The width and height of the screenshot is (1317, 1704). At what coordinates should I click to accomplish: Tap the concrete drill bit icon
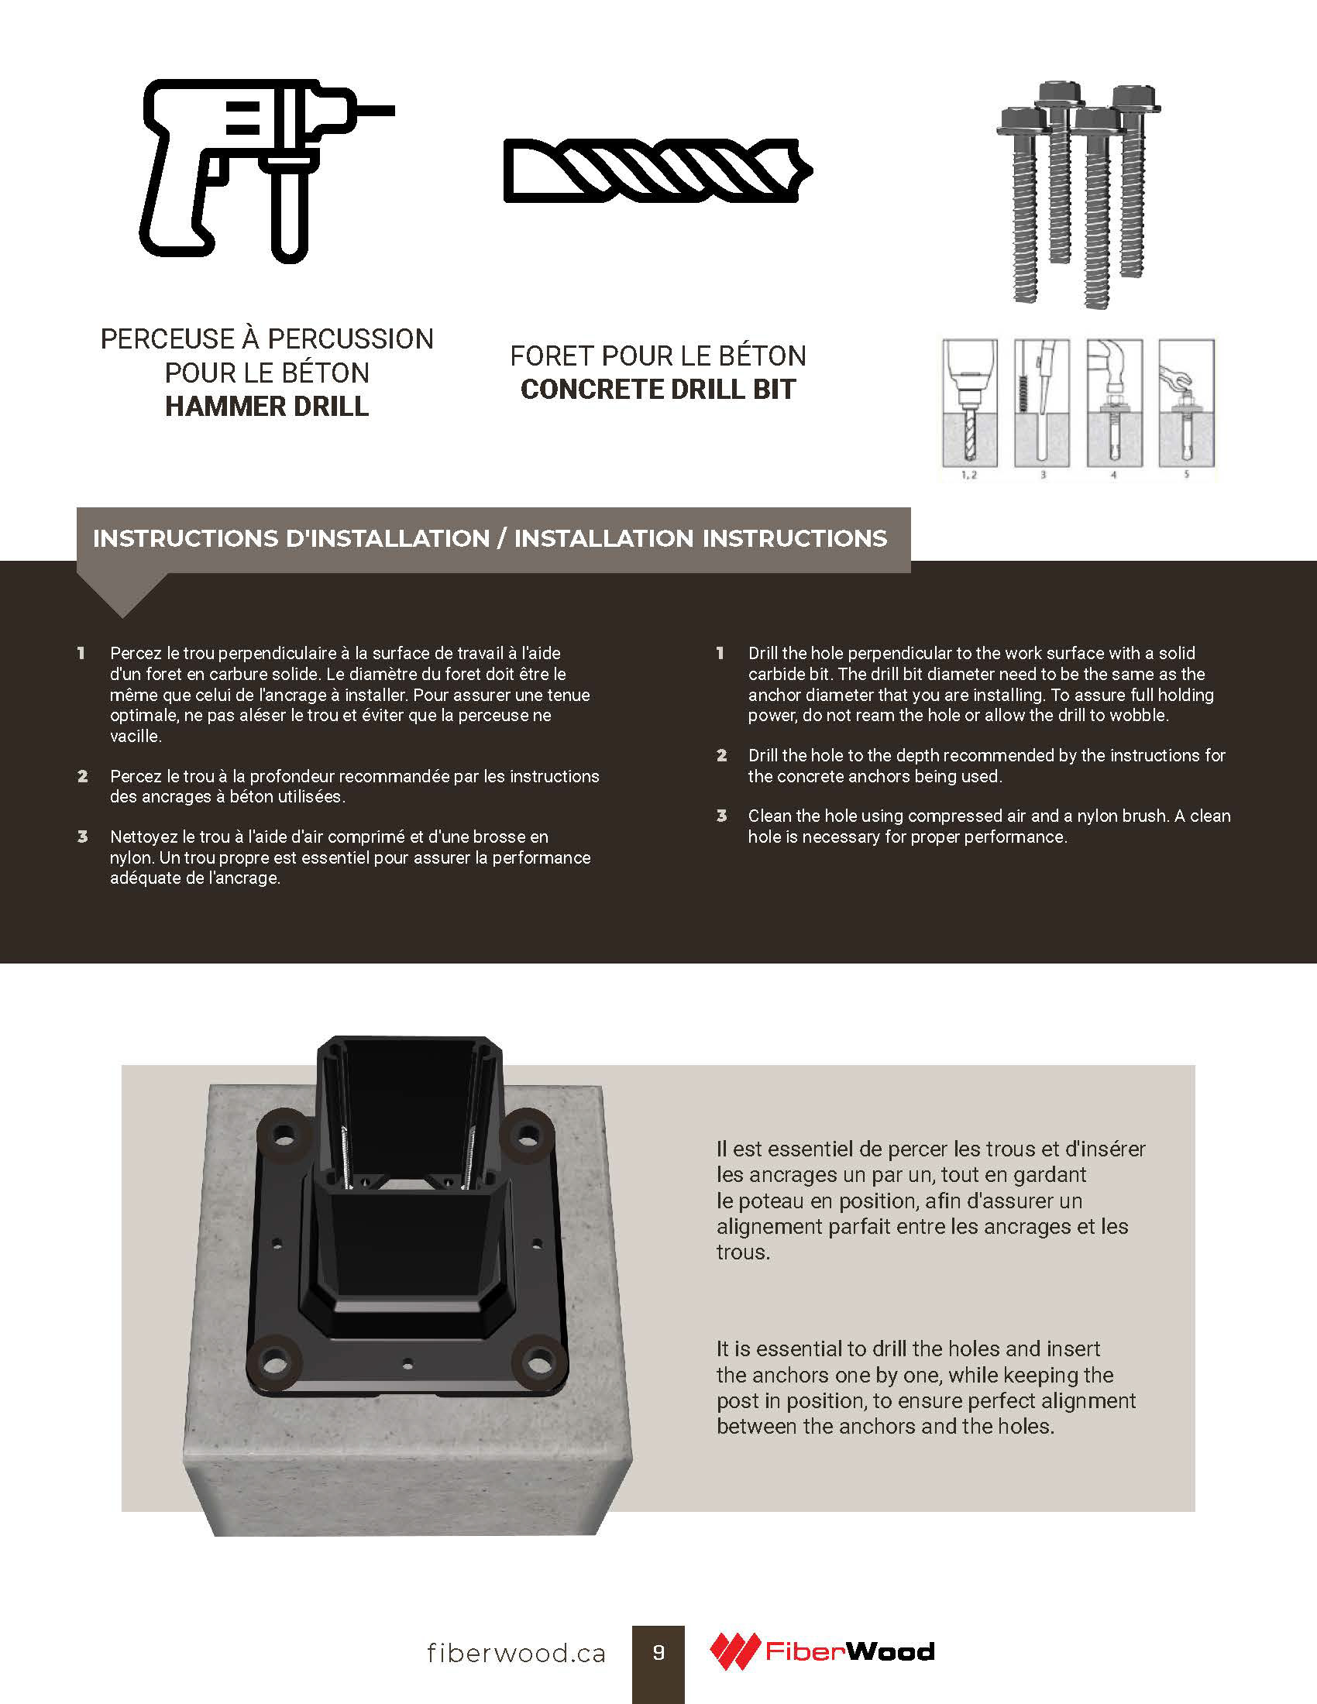pos(658,171)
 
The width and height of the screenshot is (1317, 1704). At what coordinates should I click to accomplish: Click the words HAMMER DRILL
pos(266,407)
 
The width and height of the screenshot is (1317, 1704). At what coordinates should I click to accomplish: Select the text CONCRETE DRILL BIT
pos(658,390)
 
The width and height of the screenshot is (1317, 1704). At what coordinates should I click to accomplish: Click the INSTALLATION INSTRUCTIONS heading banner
pos(493,539)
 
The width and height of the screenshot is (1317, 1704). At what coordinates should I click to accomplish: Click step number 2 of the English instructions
pos(722,755)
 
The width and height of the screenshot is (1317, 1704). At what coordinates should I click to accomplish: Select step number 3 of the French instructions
pos(83,837)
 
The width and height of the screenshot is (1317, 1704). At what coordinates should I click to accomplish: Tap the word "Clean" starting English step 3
pos(770,816)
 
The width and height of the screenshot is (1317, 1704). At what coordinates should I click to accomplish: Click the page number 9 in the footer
pos(658,1653)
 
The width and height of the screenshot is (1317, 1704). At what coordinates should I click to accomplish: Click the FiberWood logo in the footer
pos(821,1652)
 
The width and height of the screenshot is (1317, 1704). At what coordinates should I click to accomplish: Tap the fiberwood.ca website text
pos(517,1654)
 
